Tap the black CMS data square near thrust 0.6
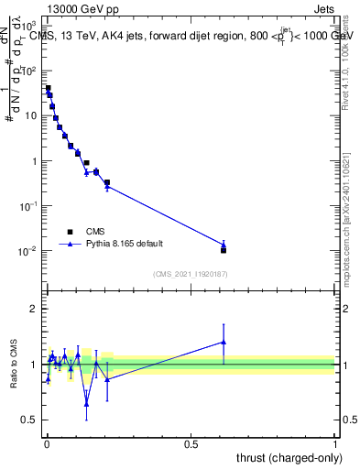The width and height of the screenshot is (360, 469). [224, 250]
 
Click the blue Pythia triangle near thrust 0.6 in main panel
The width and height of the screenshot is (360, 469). [224, 245]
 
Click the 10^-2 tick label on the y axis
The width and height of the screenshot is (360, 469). [27, 251]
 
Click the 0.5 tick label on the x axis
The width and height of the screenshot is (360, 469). [191, 444]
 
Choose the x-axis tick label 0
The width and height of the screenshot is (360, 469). [47, 444]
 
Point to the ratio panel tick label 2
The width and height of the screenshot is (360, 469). [35, 309]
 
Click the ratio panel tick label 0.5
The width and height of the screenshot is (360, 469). [30, 420]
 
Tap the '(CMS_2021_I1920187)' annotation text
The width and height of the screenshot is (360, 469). [191, 274]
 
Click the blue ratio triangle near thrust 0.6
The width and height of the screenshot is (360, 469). [224, 342]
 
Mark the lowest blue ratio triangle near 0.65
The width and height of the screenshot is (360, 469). [86, 404]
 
